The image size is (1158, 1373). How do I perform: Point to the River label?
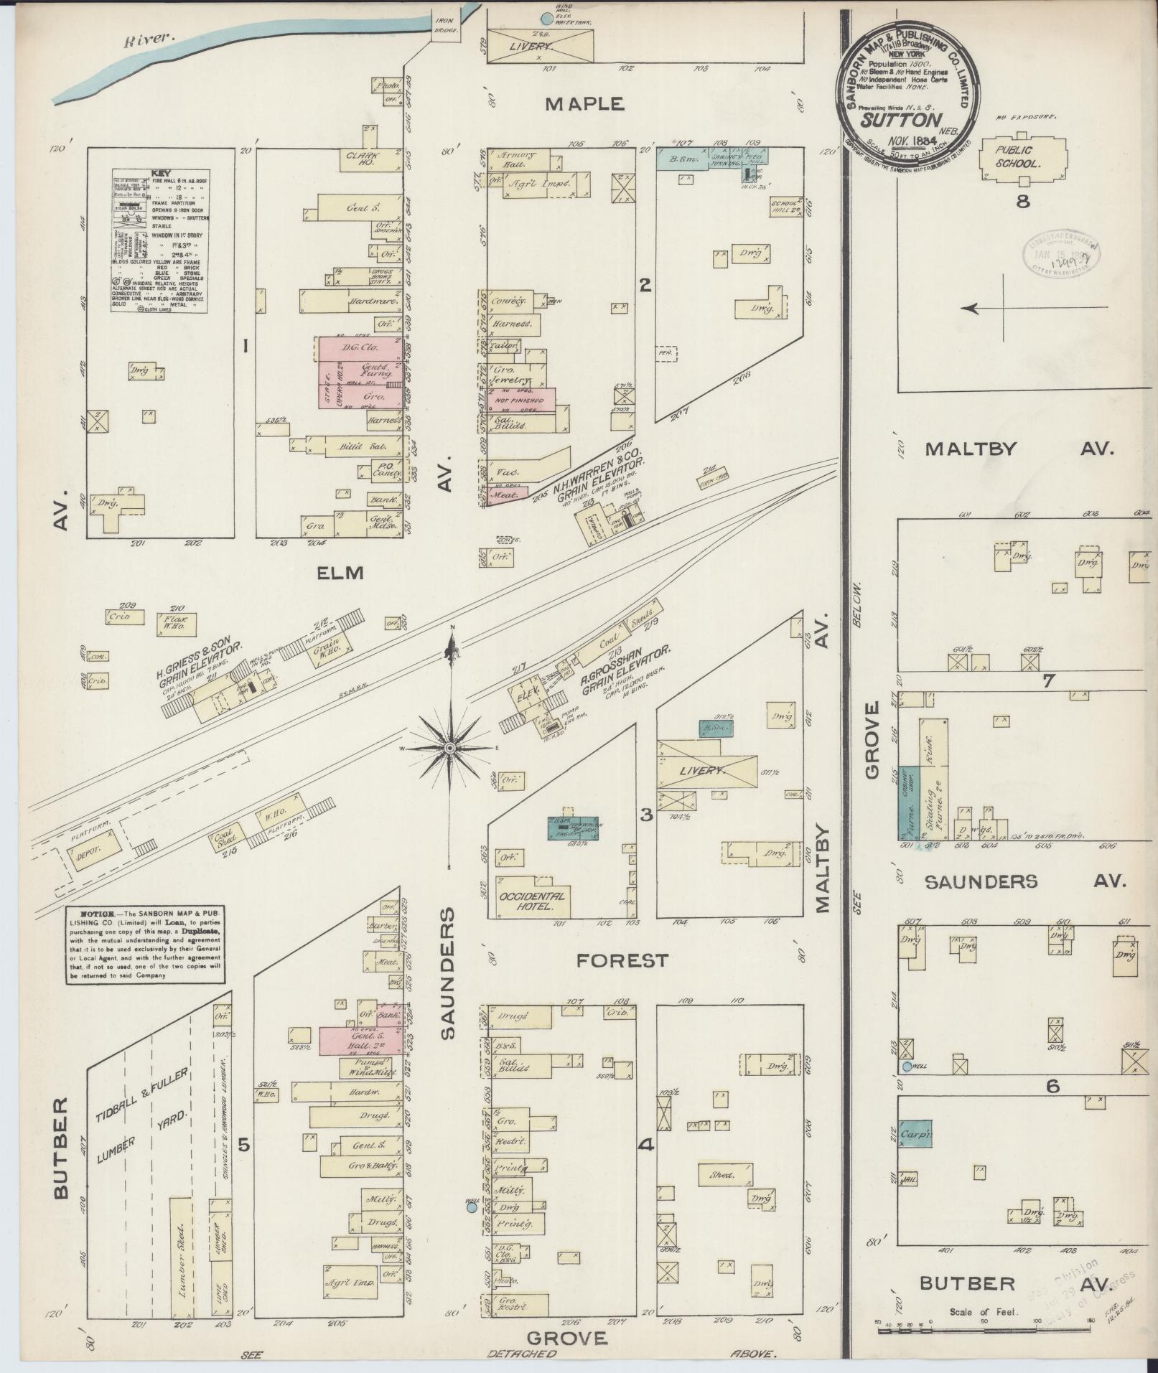149,41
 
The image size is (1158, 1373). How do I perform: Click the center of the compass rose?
449,749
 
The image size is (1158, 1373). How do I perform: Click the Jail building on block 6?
910,1178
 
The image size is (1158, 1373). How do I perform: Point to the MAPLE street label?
584,104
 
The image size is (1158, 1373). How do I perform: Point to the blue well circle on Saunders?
472,1207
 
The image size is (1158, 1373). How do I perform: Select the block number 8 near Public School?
1022,202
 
